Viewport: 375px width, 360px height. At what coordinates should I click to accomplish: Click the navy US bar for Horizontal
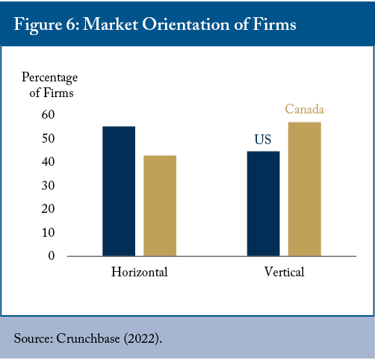(119, 191)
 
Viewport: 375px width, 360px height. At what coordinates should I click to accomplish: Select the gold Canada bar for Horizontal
(160, 205)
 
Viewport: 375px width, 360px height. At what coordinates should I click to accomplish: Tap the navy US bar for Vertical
(263, 204)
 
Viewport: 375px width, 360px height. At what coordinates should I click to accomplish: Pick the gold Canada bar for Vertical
(305, 189)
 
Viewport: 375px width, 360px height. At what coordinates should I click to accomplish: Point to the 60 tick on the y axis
(48, 115)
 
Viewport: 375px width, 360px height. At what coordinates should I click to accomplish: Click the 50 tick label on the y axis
(48, 138)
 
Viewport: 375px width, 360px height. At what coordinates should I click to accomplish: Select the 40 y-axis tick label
(48, 162)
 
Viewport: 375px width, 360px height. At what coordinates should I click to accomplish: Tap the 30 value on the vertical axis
(48, 185)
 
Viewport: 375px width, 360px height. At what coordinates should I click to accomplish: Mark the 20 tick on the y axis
(48, 209)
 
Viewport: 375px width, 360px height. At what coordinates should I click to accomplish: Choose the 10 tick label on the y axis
(48, 232)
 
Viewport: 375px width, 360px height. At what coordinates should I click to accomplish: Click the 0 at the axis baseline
(52, 255)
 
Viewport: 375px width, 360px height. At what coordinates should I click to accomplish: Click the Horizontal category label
(140, 272)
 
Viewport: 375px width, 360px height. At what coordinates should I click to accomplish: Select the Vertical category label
(285, 272)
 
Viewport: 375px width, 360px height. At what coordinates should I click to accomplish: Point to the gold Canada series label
(305, 109)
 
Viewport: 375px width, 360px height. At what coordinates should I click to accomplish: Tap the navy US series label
(263, 140)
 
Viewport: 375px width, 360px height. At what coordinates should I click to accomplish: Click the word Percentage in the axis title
(50, 78)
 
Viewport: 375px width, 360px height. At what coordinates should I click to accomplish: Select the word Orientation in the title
(186, 25)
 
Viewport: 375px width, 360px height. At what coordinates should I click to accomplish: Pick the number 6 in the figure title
(70, 25)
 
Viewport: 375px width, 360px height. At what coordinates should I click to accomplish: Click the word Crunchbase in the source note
(88, 338)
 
